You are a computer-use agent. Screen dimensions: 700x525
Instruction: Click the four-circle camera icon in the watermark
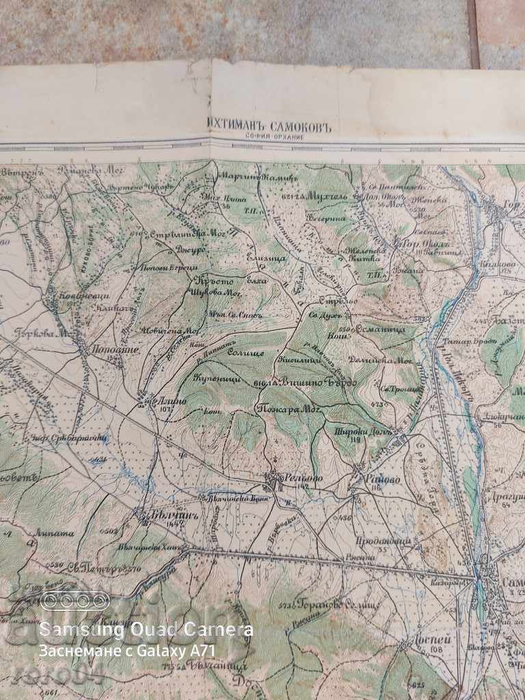pyautogui.click(x=75, y=601)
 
